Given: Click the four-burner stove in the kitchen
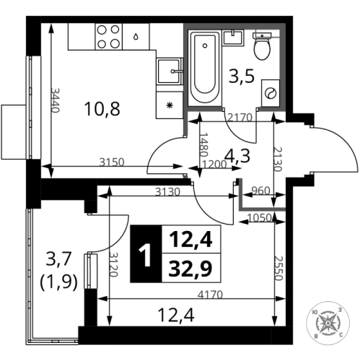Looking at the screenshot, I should pyautogui.click(x=110, y=37).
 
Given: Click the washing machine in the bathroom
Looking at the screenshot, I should pyautogui.click(x=270, y=94).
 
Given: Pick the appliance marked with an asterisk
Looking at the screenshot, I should pyautogui.click(x=170, y=105).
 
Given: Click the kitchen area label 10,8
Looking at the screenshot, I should pyautogui.click(x=102, y=110).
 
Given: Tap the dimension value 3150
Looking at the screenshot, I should pyautogui.click(x=112, y=162).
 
